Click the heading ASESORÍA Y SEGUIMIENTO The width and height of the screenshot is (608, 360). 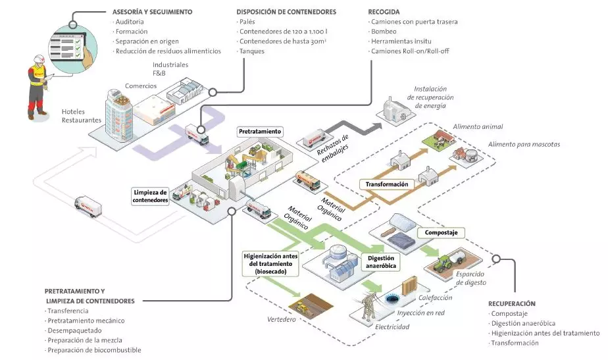pos(152,12)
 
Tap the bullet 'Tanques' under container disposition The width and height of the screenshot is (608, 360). pos(251,51)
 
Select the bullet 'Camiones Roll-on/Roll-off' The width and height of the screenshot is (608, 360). pos(410,51)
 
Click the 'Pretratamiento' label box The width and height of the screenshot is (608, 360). pos(260,132)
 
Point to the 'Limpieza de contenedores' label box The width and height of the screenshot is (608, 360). pos(150,196)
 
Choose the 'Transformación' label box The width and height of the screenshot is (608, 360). pos(387,184)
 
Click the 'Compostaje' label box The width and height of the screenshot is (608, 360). pos(441,233)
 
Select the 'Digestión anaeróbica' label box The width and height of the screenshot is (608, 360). pos(381,262)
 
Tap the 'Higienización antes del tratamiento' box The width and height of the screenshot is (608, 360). pos(270,264)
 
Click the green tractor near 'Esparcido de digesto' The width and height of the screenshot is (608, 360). pos(443,263)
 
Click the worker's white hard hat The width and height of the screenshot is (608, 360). pos(39,58)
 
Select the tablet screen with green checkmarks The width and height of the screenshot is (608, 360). pos(66,47)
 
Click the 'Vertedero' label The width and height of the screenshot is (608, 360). pos(282,320)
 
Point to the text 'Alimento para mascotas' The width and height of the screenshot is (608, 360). pos(524,144)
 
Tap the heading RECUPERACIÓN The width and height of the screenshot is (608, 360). pos(512,304)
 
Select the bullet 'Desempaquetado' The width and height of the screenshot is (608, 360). pos(74,330)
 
